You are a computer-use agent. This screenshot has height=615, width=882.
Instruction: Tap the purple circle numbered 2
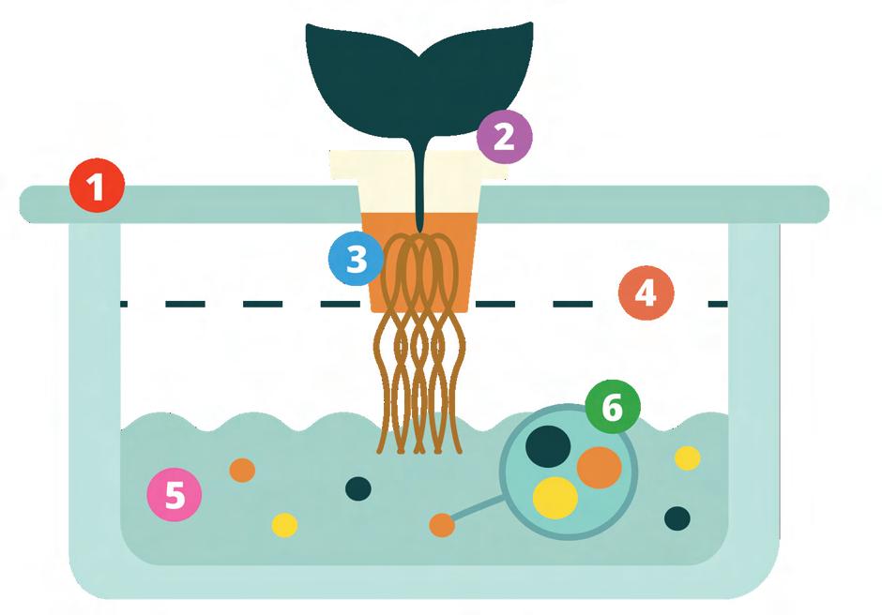click(504, 137)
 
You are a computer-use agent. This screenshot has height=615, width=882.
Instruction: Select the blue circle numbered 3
click(356, 258)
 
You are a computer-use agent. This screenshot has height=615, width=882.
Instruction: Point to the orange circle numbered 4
click(646, 293)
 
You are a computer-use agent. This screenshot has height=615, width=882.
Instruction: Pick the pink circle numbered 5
click(175, 494)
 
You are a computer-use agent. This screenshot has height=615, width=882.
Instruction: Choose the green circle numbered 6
click(612, 408)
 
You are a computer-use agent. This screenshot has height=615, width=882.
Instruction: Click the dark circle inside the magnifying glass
click(547, 445)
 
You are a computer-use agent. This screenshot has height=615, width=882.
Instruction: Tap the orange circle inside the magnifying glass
click(599, 467)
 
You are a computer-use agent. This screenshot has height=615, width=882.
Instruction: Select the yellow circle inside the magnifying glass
click(555, 498)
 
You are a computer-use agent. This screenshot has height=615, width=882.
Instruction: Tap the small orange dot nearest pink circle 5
click(242, 470)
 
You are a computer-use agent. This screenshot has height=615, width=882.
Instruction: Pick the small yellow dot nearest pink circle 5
click(284, 525)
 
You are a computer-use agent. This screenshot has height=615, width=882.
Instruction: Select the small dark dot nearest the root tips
click(358, 487)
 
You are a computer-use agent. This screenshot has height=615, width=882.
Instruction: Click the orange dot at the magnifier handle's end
click(442, 525)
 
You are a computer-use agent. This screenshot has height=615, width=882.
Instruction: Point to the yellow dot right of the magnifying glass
click(688, 457)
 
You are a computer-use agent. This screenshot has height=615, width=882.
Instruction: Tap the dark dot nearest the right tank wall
click(677, 517)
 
